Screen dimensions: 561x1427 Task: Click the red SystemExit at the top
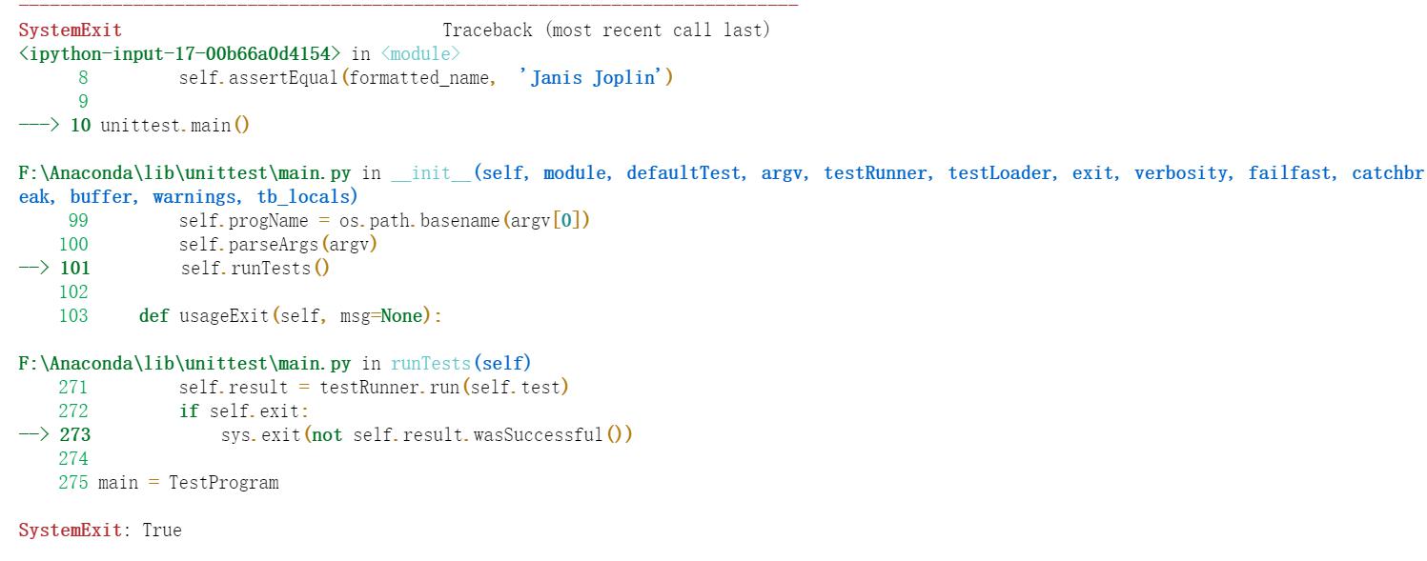click(x=70, y=30)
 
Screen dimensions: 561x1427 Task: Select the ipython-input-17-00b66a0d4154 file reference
click(x=179, y=54)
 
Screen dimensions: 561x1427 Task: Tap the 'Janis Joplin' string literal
click(x=596, y=78)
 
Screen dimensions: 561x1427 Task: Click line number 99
click(x=78, y=221)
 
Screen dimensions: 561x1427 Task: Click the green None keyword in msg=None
click(x=401, y=316)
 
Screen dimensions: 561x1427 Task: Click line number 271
click(x=73, y=388)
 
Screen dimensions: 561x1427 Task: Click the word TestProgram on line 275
click(x=224, y=483)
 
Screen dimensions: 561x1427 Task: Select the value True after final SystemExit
click(x=162, y=531)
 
